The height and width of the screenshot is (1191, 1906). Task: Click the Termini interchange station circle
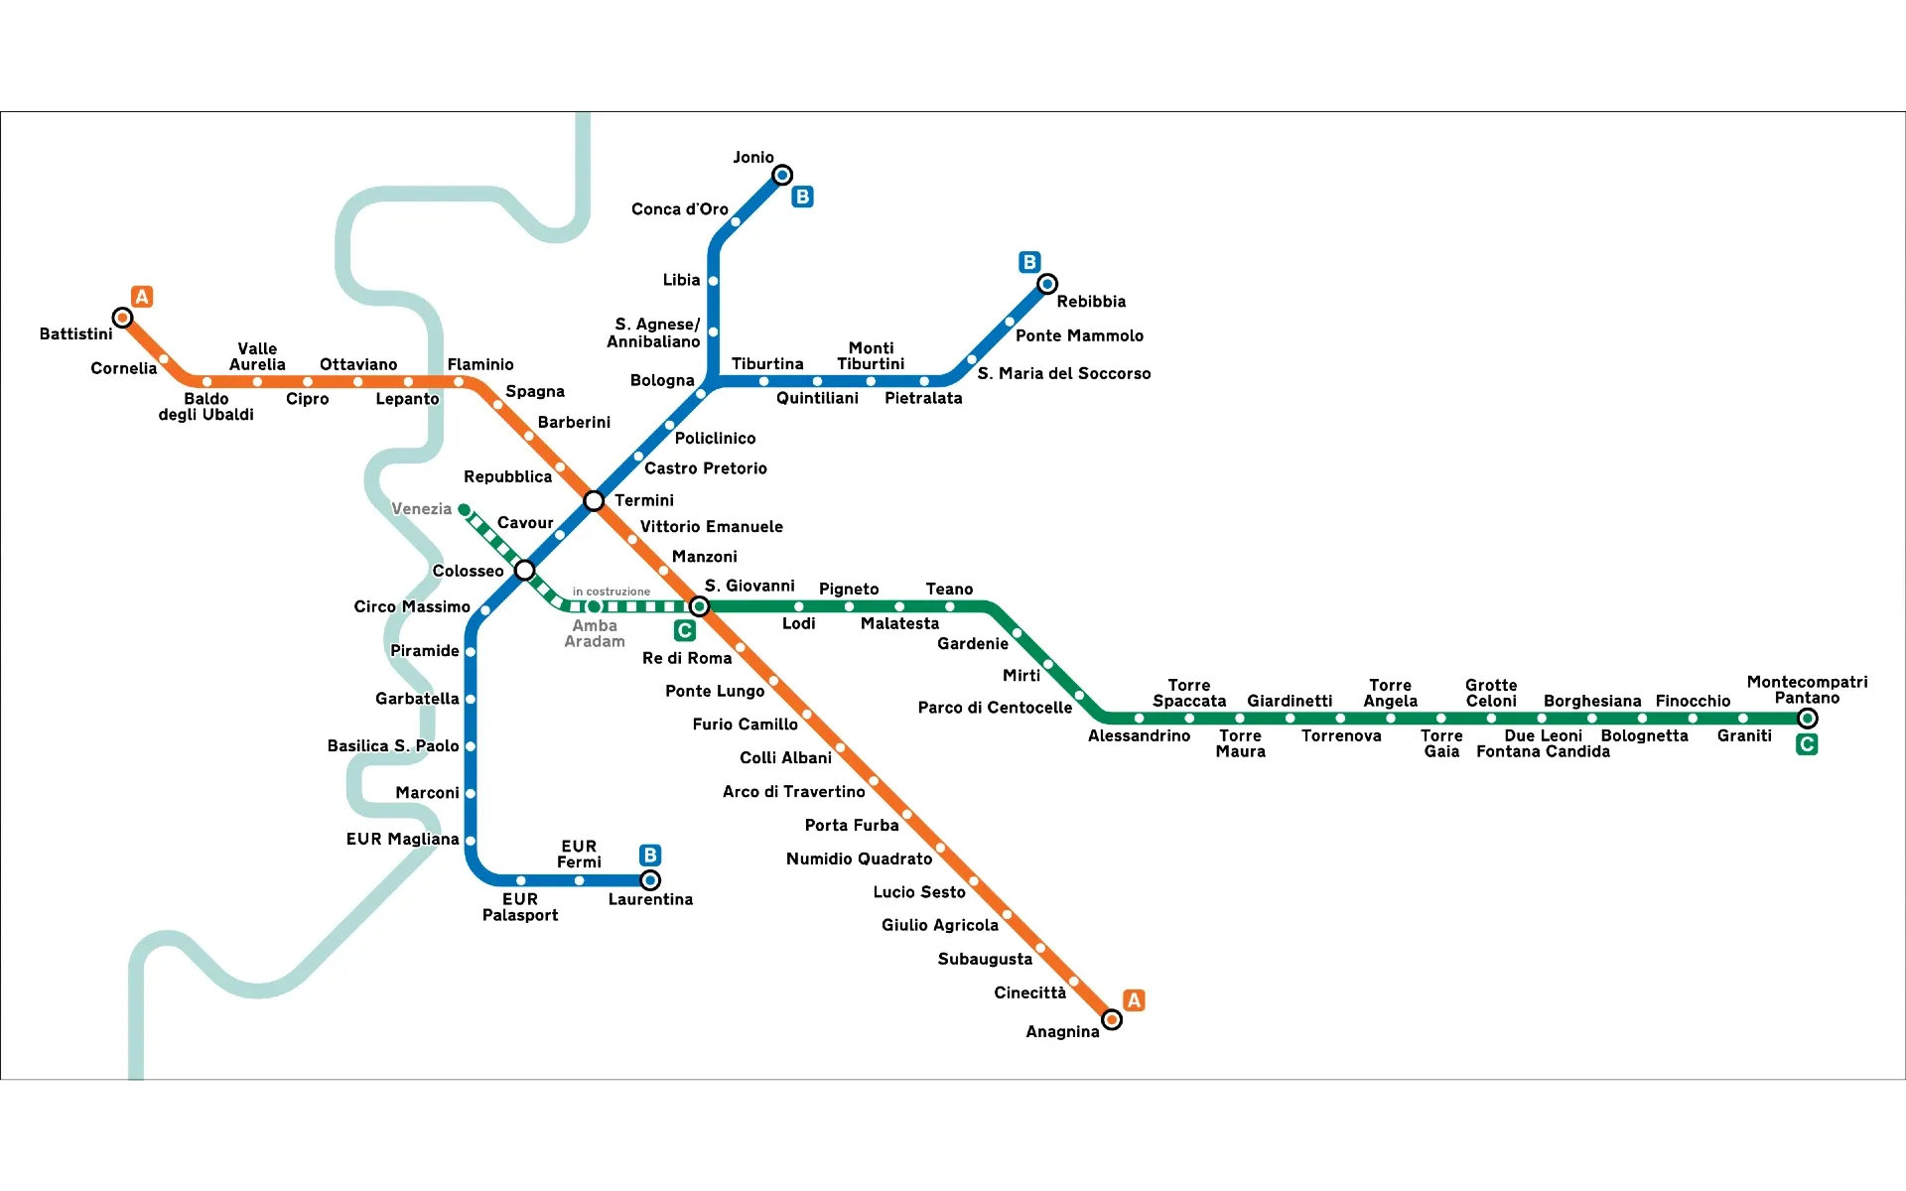pos(594,501)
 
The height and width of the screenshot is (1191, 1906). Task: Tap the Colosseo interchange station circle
pos(525,570)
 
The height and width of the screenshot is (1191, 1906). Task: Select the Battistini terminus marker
pos(122,318)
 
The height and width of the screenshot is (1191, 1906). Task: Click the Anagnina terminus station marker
pos(1112,1019)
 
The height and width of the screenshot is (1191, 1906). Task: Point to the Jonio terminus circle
pos(782,176)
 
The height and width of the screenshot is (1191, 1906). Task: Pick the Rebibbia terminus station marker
pos(1047,284)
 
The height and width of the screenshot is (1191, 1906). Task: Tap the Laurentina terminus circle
pos(650,880)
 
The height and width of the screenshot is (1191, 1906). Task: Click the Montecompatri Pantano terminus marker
pos(1808,719)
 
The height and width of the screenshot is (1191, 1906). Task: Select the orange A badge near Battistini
pos(142,296)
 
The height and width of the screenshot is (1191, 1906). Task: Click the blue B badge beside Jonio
pos(802,197)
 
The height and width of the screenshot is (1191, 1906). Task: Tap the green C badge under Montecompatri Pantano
pos(1807,744)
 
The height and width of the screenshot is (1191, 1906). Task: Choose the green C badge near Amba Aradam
pos(684,630)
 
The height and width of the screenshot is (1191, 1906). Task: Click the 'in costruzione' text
pos(612,592)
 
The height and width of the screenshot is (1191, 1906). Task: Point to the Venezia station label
pos(421,509)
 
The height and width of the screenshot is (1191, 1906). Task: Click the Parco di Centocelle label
pos(995,708)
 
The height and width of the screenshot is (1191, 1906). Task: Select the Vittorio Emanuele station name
pos(711,527)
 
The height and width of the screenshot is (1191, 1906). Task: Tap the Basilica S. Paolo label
pos(393,746)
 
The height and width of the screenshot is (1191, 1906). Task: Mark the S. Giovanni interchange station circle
pos(699,606)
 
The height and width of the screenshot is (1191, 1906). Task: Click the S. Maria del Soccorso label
pos(1064,374)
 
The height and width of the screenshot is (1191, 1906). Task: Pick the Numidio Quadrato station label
pos(859,859)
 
